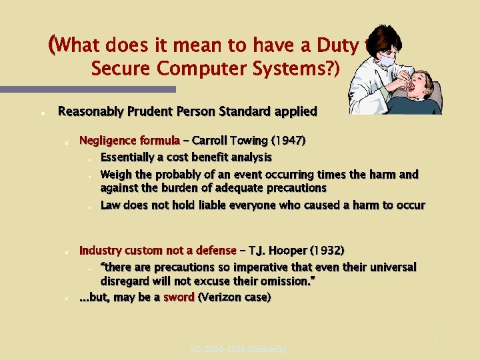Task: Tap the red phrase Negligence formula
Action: [129, 141]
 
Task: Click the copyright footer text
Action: [238, 349]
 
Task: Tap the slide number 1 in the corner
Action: [437, 337]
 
